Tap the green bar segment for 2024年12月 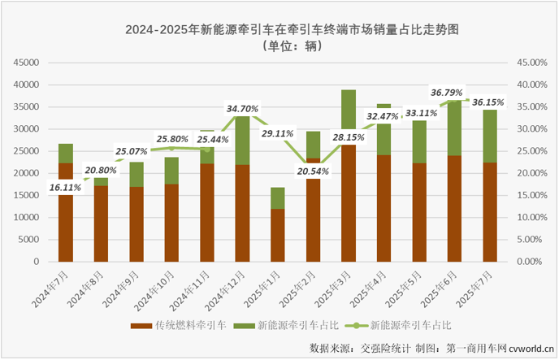242,141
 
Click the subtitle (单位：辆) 279,46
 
